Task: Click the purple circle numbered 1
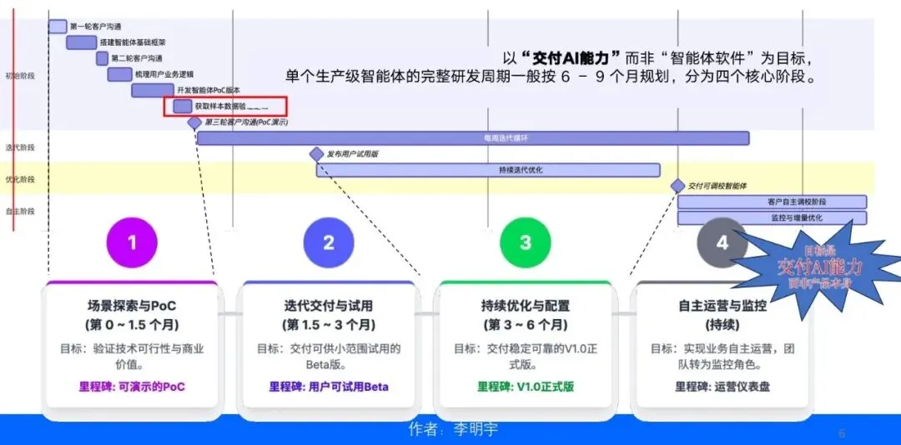[x=132, y=242]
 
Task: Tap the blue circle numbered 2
[x=329, y=242]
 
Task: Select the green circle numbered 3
[x=526, y=242]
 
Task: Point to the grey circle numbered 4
[x=722, y=242]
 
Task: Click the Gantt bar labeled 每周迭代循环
[x=472, y=138]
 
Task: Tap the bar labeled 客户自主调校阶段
[x=772, y=202]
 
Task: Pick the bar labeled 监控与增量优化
[x=772, y=217]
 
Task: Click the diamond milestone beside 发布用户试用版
[x=316, y=154]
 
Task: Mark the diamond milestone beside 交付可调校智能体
[x=678, y=187]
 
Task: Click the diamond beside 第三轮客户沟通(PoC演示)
[x=194, y=122]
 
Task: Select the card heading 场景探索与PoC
[x=132, y=306]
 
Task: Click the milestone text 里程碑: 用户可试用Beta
[x=329, y=387]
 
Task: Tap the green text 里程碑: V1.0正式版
[x=526, y=387]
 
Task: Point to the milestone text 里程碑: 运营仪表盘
[x=722, y=387]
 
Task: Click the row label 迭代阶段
[x=20, y=147]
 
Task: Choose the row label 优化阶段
[x=20, y=179]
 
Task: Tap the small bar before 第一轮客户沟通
[x=58, y=27]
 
